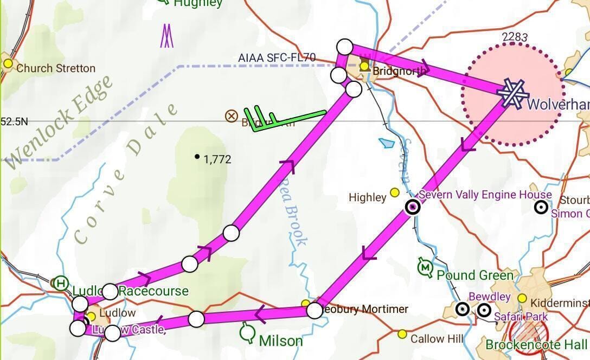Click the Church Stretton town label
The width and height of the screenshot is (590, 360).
(56, 68)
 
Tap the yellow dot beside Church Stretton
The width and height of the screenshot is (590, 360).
(8, 63)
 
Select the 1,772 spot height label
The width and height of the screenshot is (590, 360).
(217, 159)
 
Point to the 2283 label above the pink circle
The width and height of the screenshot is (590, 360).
(515, 37)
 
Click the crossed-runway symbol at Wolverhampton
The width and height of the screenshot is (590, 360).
(512, 93)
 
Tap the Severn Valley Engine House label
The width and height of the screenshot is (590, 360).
(485, 195)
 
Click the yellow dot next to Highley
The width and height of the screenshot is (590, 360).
(395, 192)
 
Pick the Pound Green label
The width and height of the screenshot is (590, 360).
(474, 275)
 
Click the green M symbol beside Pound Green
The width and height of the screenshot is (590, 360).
(425, 267)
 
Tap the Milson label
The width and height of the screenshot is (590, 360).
(281, 340)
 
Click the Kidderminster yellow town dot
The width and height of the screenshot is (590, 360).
(522, 298)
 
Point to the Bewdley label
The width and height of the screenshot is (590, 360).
(489, 297)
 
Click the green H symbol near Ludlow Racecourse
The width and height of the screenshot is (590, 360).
(62, 282)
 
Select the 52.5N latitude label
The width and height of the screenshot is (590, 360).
(14, 121)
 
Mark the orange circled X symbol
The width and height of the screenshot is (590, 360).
(232, 115)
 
